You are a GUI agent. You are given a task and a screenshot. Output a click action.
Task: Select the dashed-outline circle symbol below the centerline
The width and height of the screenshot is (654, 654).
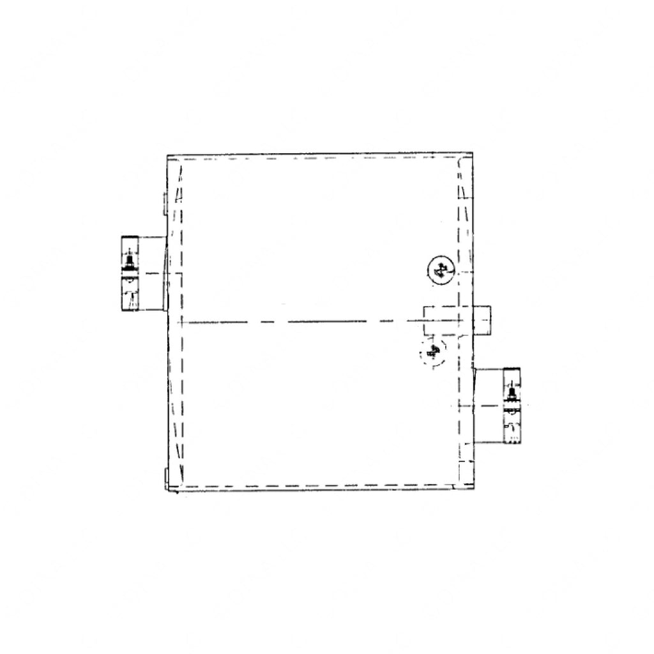point(432,351)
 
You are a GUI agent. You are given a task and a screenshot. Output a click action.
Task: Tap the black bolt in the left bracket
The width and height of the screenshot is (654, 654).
point(130,261)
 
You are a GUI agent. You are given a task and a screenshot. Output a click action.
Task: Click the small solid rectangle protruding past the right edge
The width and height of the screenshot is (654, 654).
point(483,321)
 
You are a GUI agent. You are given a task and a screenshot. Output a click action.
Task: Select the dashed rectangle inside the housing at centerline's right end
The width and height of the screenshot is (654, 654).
point(443,321)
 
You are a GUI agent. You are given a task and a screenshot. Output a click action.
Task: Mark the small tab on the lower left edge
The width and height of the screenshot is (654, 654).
point(165,477)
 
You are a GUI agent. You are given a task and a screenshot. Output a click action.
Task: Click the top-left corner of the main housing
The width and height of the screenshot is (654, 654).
point(168,156)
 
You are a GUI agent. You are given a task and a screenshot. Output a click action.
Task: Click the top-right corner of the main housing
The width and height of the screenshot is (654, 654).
point(473,154)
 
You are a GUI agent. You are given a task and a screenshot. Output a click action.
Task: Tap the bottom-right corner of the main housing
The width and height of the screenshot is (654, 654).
point(473,489)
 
